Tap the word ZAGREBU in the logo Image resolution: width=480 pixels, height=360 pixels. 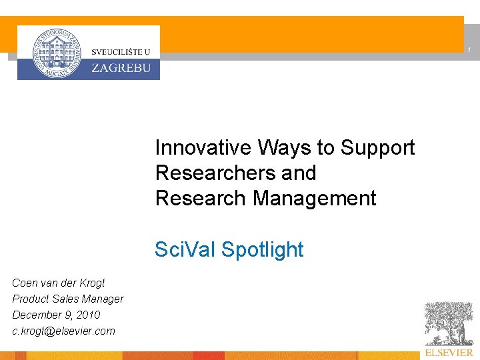tap(121, 67)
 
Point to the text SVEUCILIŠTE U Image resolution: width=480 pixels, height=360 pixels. tap(121, 51)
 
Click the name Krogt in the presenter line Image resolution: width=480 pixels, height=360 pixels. tap(91, 283)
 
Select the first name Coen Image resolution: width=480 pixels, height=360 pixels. tap(24, 283)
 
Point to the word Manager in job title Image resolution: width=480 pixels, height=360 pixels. tap(104, 299)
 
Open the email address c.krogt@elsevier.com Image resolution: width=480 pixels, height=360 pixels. tap(63, 331)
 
